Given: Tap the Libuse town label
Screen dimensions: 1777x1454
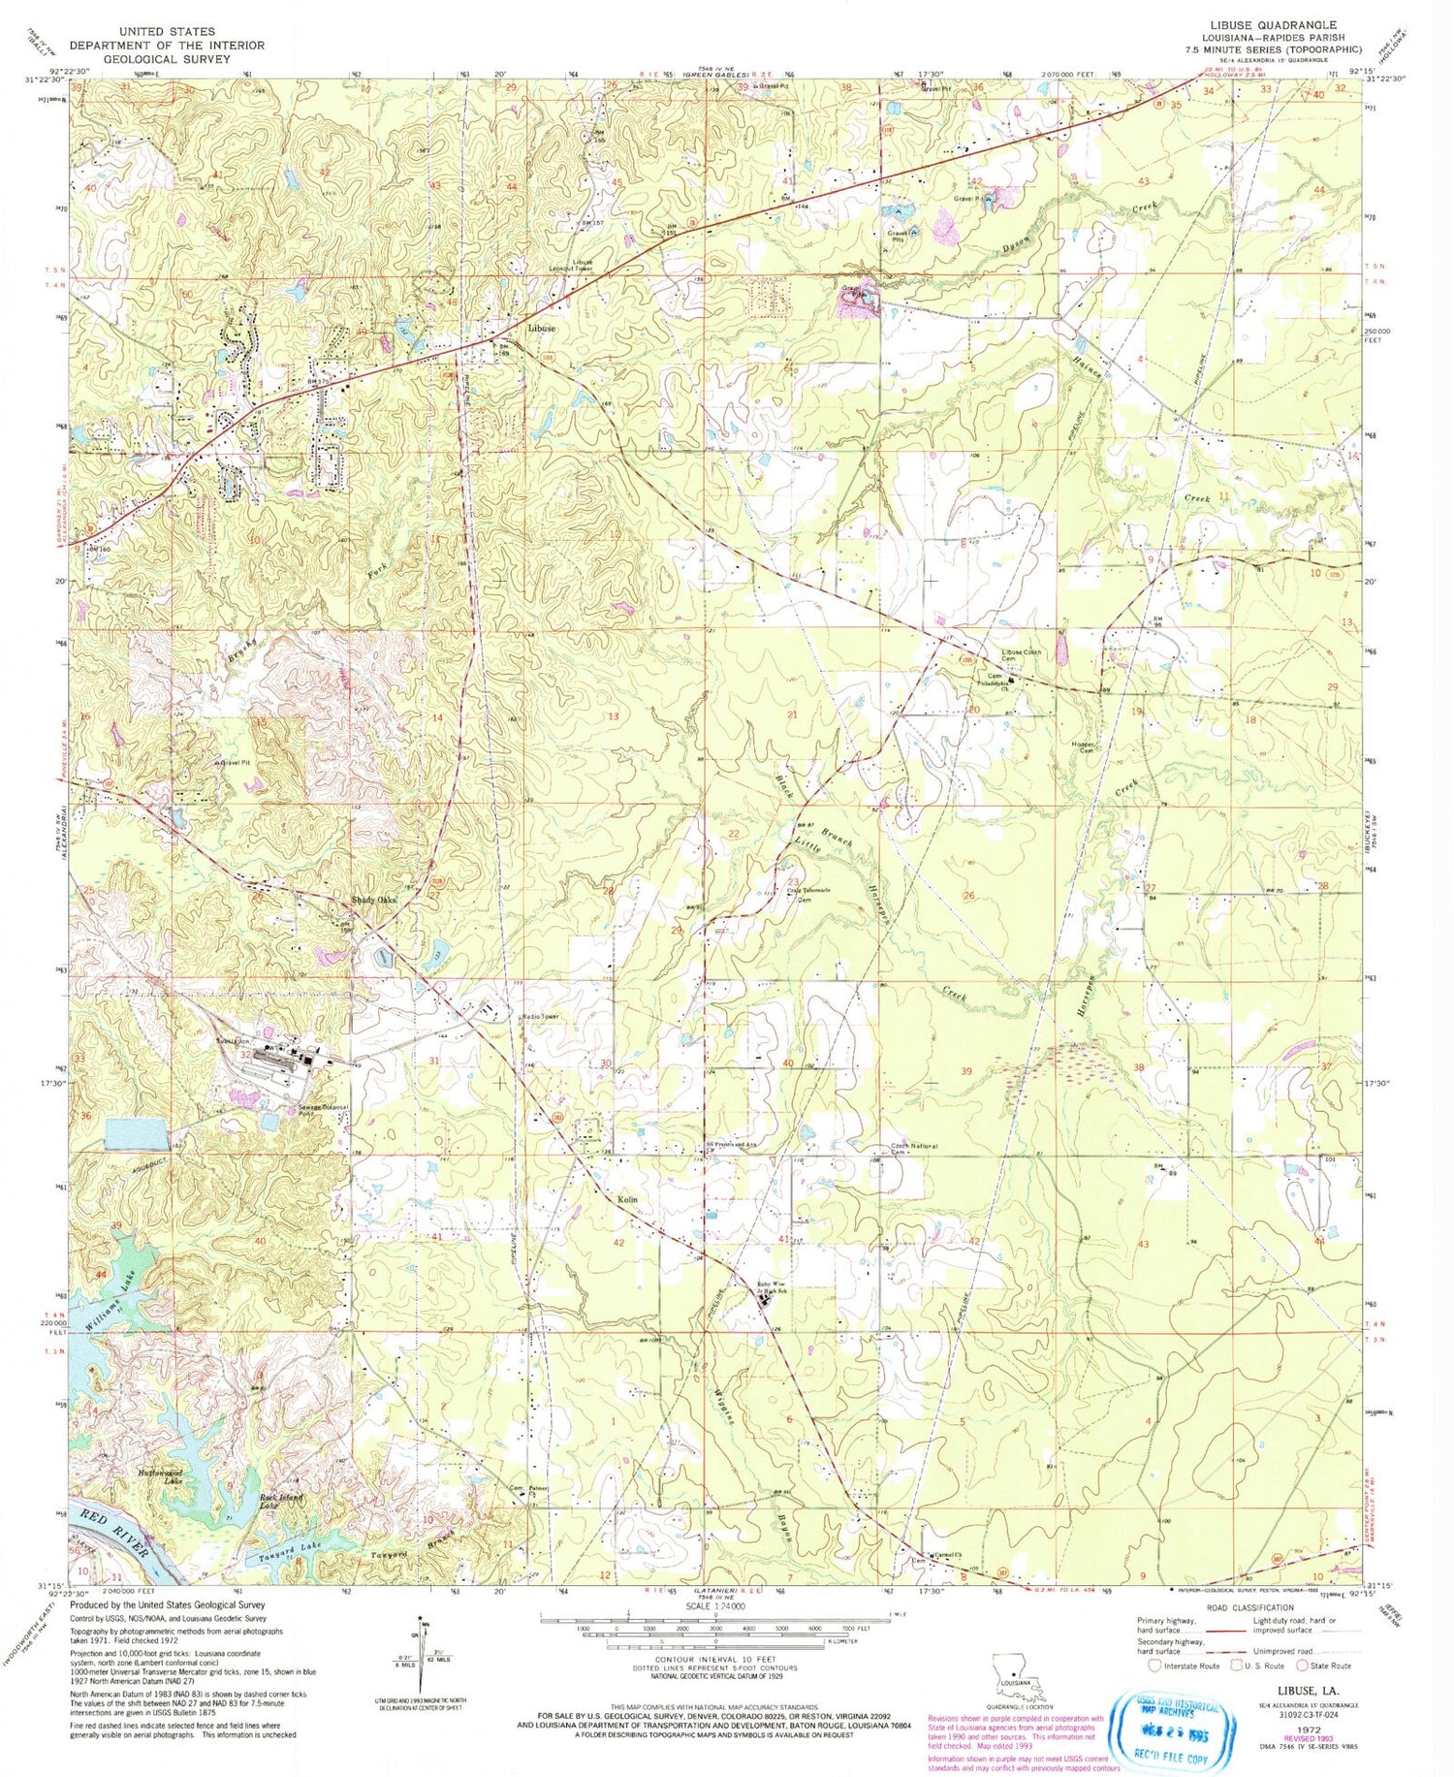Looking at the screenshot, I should pos(542,329).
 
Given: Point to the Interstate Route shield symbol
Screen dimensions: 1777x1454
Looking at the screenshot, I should pos(1154,1666).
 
